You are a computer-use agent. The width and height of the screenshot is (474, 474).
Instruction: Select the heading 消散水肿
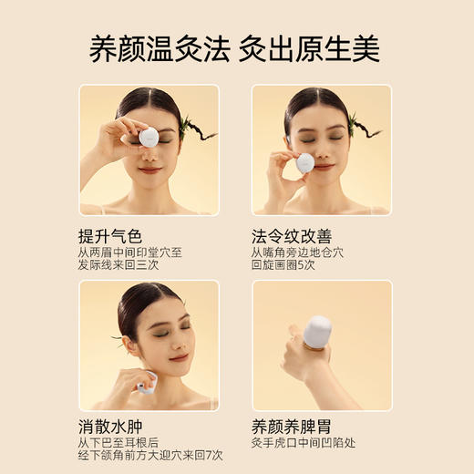click(110, 426)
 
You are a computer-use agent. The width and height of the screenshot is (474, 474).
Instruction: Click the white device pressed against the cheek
click(305, 164)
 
